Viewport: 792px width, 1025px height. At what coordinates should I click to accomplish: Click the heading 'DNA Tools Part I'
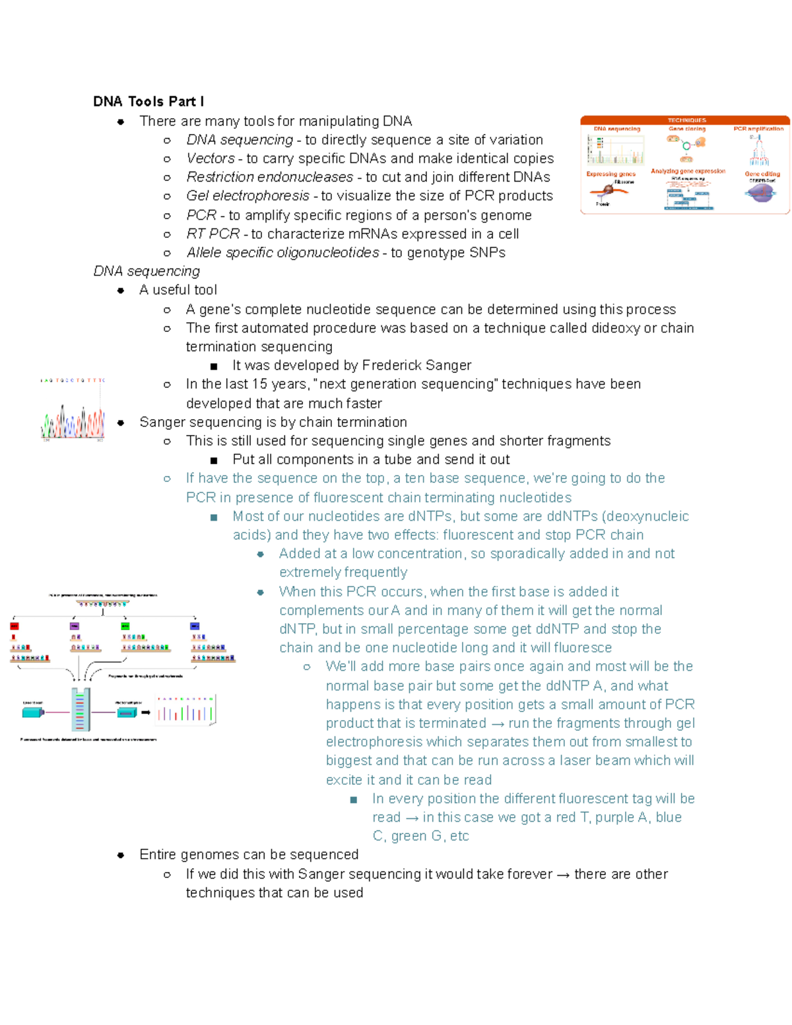(148, 102)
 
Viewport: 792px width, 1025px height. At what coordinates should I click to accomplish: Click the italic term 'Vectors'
(211, 158)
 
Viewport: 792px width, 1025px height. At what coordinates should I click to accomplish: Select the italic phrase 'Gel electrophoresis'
(247, 196)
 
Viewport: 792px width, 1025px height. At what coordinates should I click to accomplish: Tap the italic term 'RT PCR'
(213, 234)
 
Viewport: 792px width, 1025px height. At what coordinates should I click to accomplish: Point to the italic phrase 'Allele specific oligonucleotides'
(282, 253)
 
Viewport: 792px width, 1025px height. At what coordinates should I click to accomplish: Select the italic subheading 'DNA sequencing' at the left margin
(147, 271)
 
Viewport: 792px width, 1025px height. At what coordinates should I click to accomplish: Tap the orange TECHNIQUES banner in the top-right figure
(686, 120)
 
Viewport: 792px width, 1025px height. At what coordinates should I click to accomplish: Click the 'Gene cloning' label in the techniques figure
(686, 129)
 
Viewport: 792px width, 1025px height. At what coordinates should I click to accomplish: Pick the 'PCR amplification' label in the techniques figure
(758, 129)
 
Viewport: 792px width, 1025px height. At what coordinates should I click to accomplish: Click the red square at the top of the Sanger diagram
(15, 626)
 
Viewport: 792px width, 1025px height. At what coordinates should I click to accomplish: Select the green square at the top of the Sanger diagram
(125, 626)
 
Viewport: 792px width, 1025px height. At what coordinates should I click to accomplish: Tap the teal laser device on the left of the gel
(33, 713)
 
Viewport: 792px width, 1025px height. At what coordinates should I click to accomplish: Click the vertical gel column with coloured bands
(80, 710)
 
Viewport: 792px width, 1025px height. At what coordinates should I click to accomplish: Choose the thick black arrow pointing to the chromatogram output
(146, 713)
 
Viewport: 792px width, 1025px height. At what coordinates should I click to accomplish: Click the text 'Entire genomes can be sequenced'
(249, 855)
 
